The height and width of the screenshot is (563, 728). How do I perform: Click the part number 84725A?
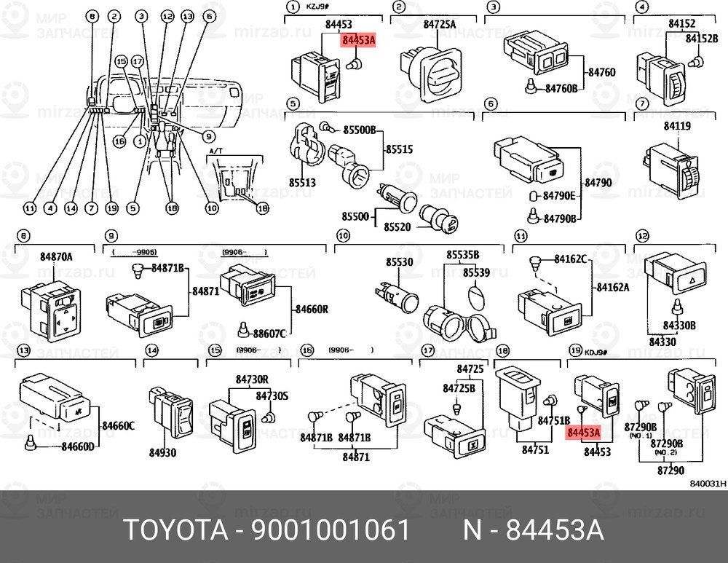[x=440, y=25]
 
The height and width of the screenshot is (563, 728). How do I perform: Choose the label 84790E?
[x=560, y=195]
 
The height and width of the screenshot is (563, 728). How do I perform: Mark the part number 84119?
[x=676, y=125]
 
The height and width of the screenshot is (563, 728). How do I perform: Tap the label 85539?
[x=477, y=272]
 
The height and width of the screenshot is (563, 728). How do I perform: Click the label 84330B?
[x=680, y=326]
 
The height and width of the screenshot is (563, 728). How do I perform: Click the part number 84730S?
[x=272, y=396]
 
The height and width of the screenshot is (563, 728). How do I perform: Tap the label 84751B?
[x=553, y=421]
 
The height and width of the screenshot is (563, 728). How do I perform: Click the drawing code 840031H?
[x=708, y=483]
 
